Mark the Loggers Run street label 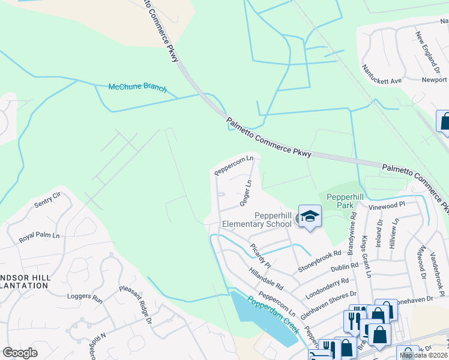85,297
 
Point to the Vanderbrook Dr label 438,263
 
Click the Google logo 20,353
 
